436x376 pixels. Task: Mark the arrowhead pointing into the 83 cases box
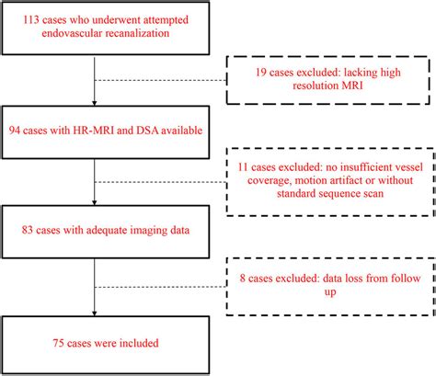95,210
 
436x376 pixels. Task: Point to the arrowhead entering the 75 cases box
95,315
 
